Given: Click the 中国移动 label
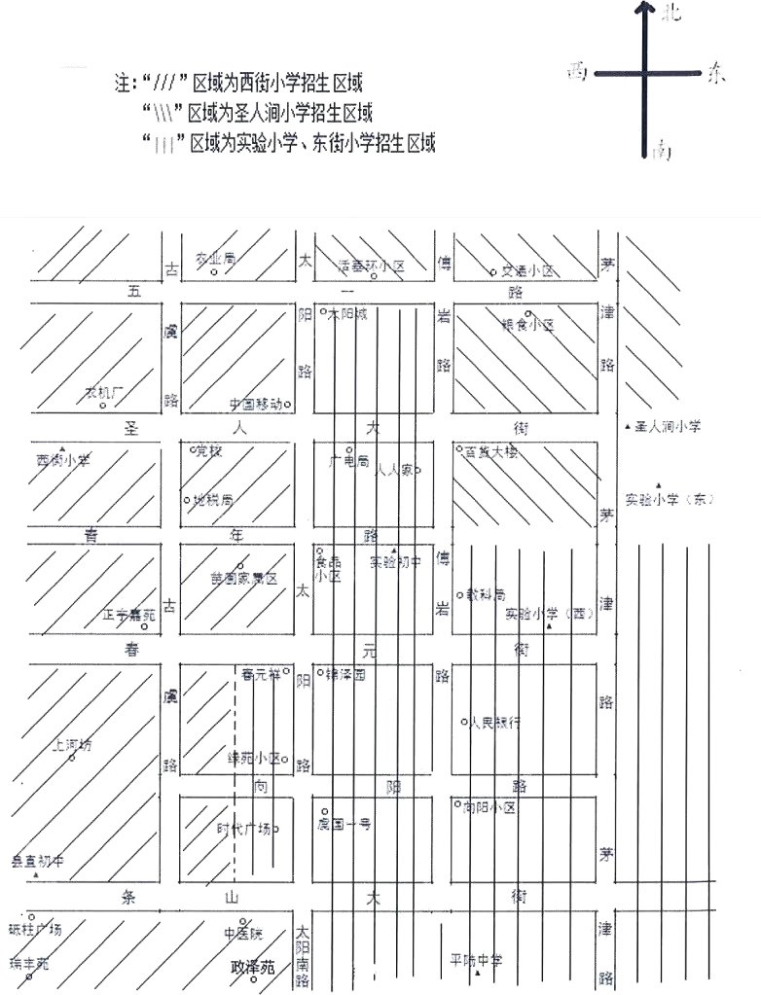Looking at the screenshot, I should click(x=255, y=404).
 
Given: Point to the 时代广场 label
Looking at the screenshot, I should click(x=243, y=829).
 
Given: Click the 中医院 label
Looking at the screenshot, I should click(x=242, y=934).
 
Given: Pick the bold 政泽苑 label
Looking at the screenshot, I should click(x=253, y=969).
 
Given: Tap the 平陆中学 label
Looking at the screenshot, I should click(x=476, y=961).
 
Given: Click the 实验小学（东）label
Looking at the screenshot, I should click(x=670, y=500).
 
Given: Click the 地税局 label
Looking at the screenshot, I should click(x=213, y=500).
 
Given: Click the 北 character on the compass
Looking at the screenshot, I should click(x=670, y=14).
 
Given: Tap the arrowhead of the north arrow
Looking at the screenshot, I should click(x=644, y=9).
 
